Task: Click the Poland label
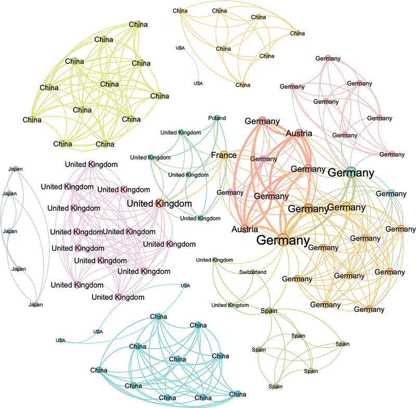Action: tap(217, 118)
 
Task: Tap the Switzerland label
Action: tap(253, 272)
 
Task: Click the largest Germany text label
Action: tap(283, 241)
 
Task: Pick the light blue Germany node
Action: tap(391, 194)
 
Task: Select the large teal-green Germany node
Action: tap(350, 173)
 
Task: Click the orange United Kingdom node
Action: tap(158, 204)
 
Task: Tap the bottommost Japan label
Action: tap(35, 305)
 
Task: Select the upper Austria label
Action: tap(298, 133)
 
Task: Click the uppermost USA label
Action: tap(180, 48)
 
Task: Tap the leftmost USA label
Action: tap(60, 340)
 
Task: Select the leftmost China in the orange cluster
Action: tap(180, 10)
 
